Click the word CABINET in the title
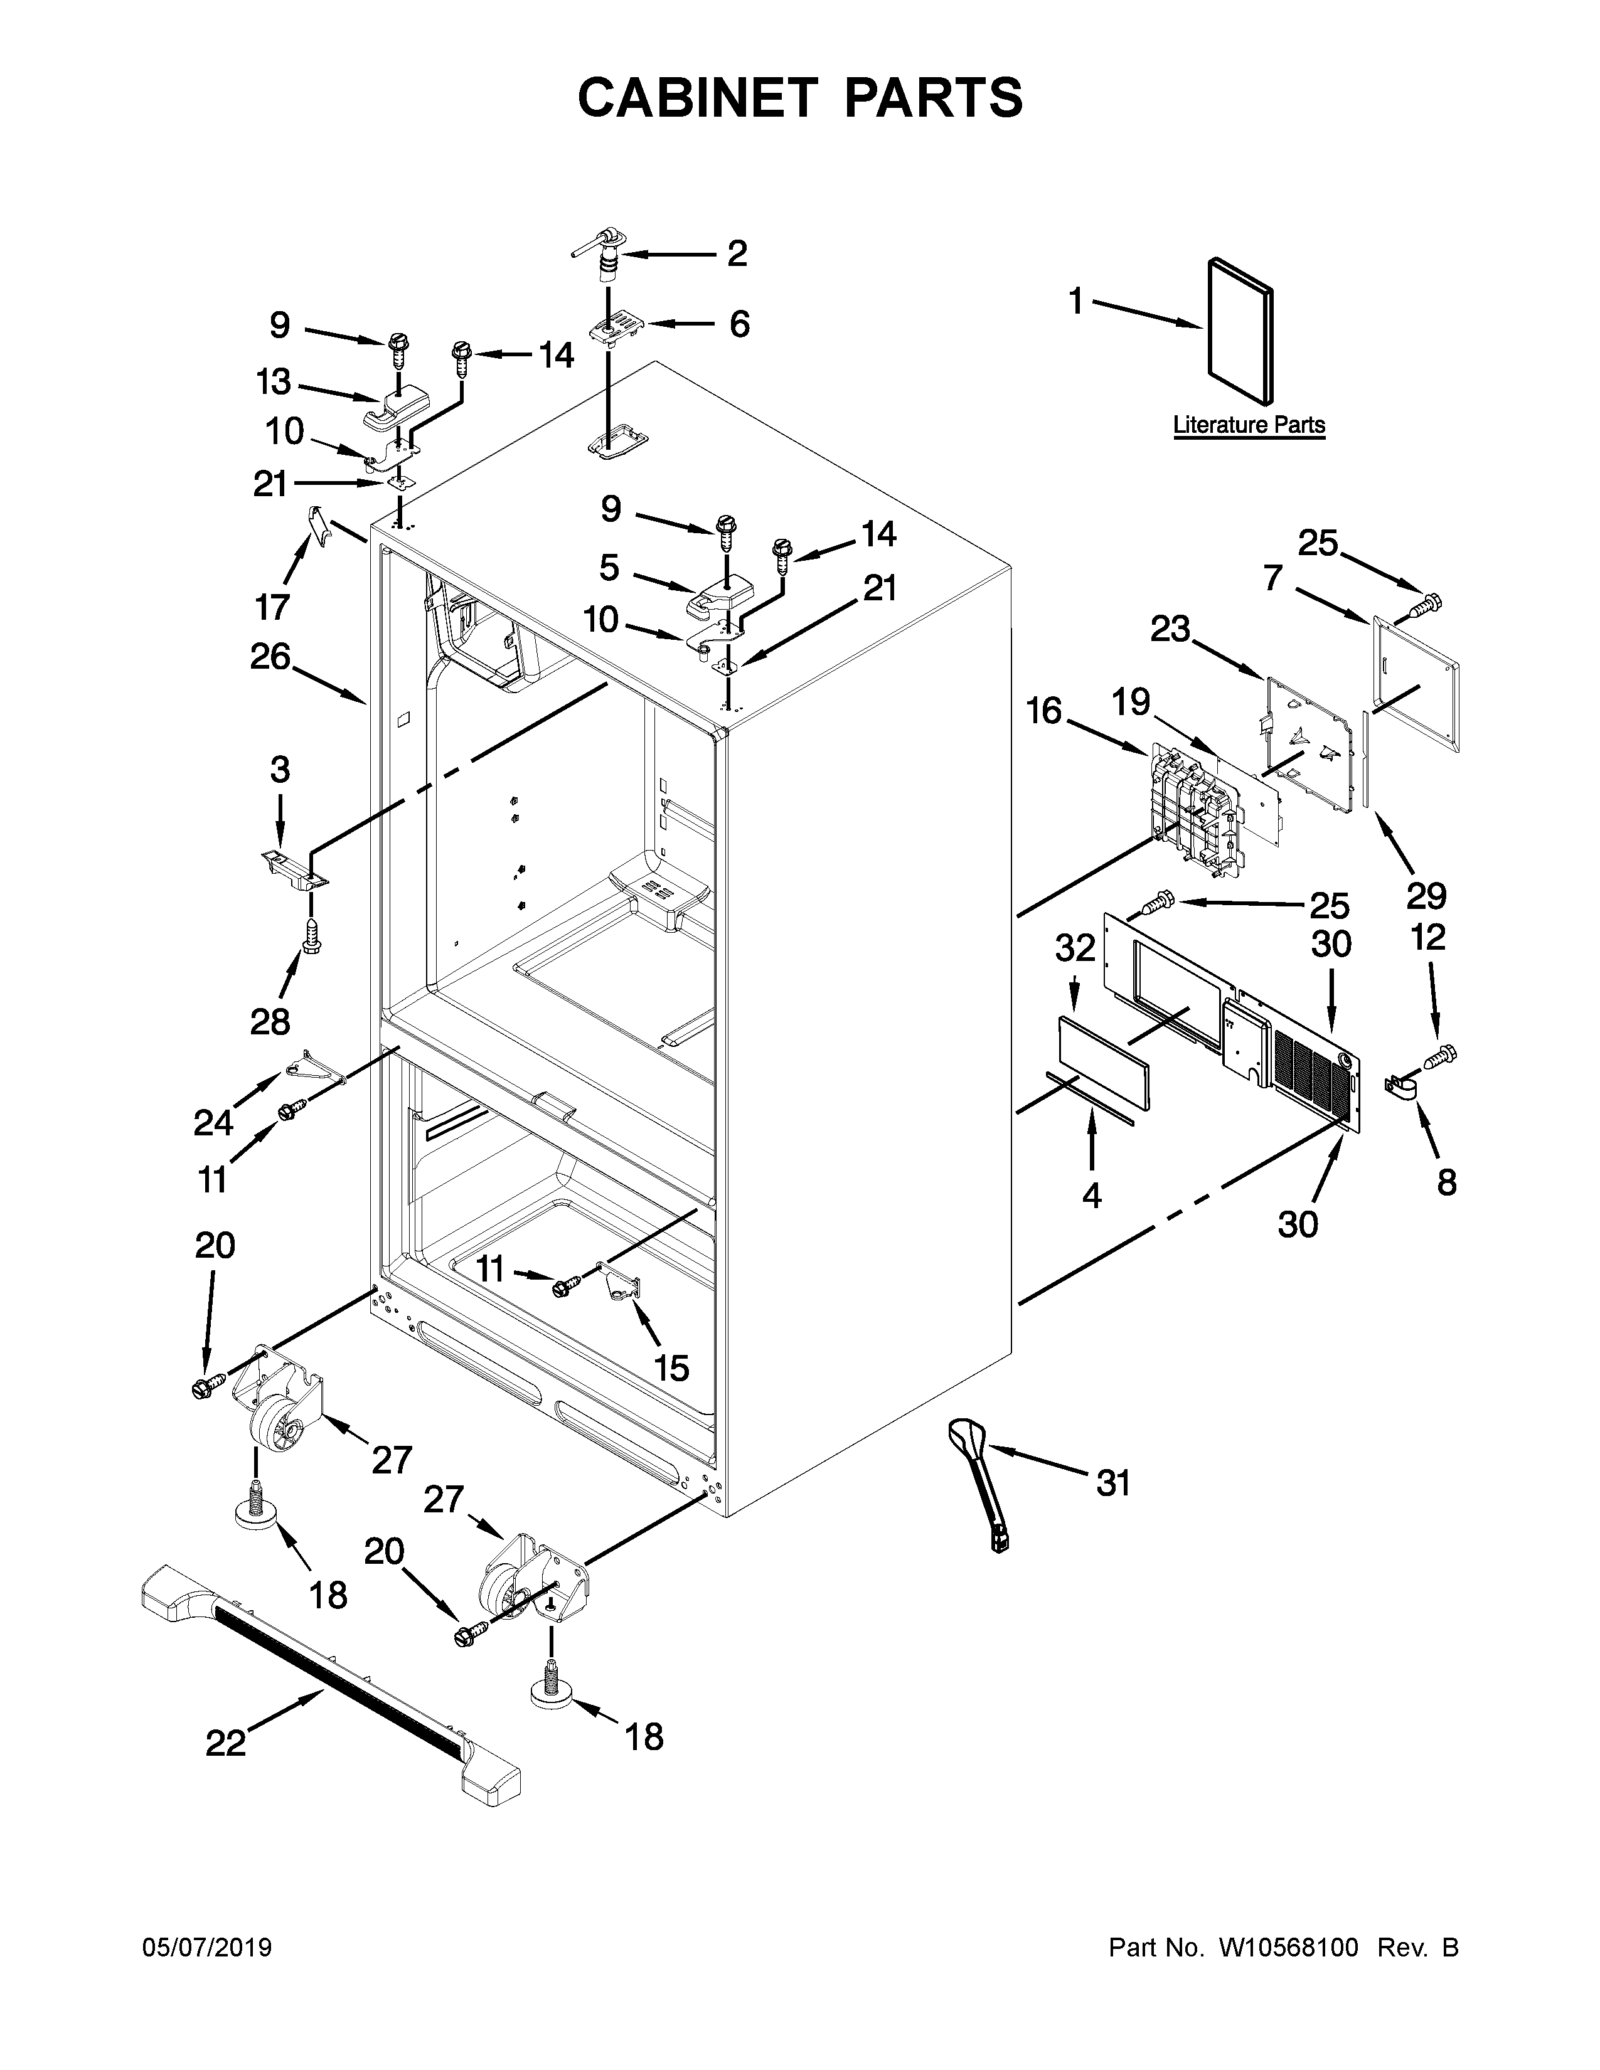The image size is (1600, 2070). click(696, 98)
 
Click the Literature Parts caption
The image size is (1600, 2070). click(1249, 425)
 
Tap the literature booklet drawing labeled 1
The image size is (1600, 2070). click(1240, 331)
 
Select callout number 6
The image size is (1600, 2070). click(739, 324)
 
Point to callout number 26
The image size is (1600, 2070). click(270, 656)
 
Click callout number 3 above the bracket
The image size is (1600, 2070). click(280, 770)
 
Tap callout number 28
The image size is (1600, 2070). click(270, 1022)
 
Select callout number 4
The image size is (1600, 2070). click(1092, 1196)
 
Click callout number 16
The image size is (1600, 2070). click(1045, 710)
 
